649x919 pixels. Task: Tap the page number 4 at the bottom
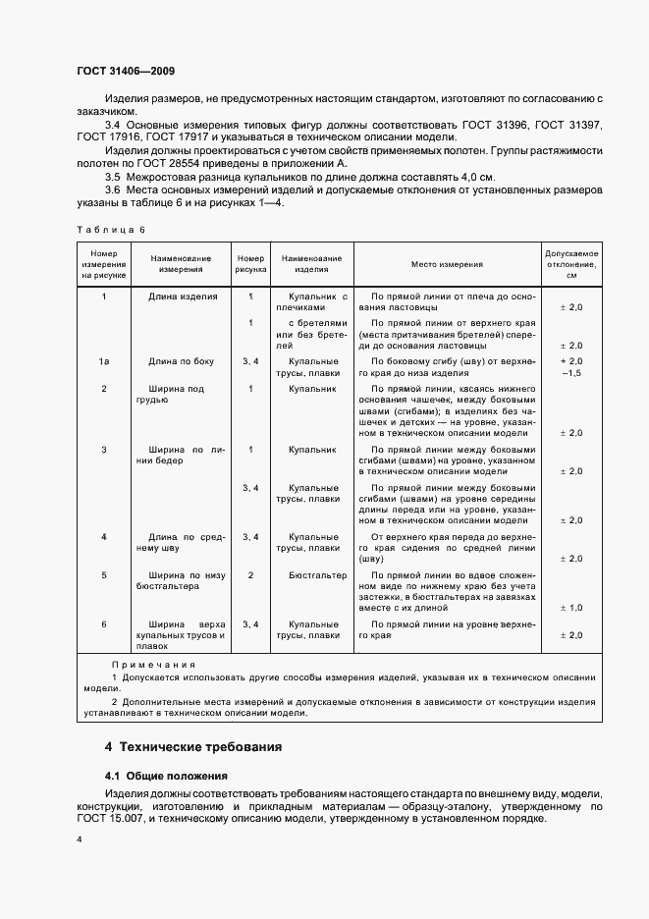click(80, 840)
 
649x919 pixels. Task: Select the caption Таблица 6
click(110, 229)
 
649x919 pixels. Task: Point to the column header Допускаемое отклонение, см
click(571, 265)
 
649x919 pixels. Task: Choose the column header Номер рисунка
click(251, 265)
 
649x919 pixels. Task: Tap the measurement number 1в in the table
click(104, 362)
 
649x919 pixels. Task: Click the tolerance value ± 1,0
click(571, 610)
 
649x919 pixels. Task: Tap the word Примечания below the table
click(153, 665)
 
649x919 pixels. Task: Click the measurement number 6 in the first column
click(104, 623)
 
